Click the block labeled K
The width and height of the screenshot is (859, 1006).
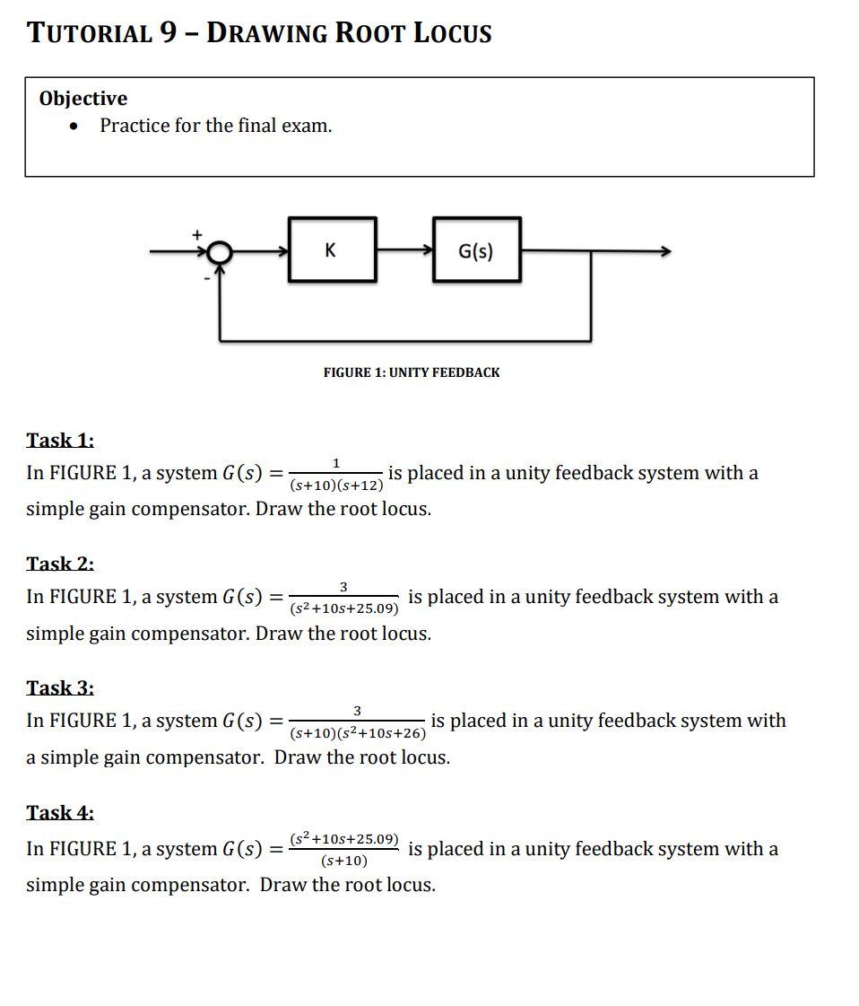(332, 250)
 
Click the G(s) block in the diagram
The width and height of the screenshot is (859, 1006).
(476, 250)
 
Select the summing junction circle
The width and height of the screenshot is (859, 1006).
(220, 254)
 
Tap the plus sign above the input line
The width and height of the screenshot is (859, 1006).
(197, 234)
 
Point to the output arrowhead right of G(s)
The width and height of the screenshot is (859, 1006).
(664, 252)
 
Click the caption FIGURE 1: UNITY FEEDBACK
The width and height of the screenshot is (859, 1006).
(412, 372)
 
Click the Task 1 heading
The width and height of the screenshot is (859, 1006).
(60, 440)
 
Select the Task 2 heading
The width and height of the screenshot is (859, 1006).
(60, 564)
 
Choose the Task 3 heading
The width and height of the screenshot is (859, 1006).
(60, 687)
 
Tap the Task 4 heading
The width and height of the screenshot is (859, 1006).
(60, 812)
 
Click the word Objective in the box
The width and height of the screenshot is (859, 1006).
(83, 99)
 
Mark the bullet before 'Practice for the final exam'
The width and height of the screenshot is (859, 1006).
(74, 127)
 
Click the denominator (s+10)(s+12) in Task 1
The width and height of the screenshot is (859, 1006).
(336, 486)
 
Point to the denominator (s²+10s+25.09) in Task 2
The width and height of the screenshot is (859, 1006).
(345, 609)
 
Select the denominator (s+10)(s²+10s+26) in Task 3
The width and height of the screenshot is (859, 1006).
(358, 733)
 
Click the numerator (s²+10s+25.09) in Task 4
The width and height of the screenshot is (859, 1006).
(344, 838)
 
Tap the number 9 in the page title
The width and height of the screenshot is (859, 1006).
(168, 33)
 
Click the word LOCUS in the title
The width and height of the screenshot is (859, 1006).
(452, 34)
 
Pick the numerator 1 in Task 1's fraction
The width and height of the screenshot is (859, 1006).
(336, 463)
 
